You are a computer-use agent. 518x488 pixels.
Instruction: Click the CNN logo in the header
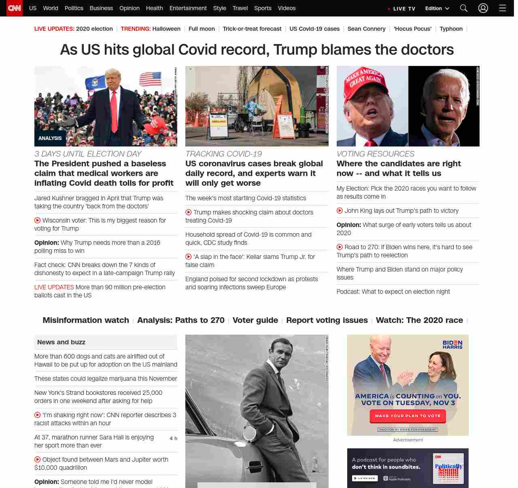[x=15, y=8]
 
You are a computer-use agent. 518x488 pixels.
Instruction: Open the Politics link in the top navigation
[x=74, y=8]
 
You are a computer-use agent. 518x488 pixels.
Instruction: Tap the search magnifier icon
[x=464, y=8]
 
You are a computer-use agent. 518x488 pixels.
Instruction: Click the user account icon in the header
[x=483, y=8]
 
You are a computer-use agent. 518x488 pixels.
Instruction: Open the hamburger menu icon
[x=503, y=8]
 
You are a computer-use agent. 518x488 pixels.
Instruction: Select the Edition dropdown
[x=437, y=8]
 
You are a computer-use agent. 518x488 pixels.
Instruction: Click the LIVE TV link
[x=401, y=8]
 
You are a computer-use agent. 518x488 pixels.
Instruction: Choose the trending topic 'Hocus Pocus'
[x=412, y=29]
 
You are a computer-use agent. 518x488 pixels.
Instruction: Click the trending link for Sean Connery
[x=366, y=29]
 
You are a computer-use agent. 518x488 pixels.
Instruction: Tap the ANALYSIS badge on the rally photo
[x=50, y=138]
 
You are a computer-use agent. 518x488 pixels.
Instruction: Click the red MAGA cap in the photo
[x=363, y=80]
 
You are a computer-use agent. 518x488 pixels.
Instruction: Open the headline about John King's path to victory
[x=401, y=211]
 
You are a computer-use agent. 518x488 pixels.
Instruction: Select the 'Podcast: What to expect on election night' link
[x=393, y=292]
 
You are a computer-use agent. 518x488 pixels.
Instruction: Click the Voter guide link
[x=255, y=320]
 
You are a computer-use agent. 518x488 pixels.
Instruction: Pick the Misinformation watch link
[x=86, y=320]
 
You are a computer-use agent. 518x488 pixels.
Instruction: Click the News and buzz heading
[x=61, y=342]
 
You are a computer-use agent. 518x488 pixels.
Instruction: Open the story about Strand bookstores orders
[x=98, y=397]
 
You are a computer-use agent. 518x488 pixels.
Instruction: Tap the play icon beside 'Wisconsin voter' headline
[x=38, y=221]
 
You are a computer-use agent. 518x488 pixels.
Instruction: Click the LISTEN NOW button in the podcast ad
[x=365, y=478]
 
